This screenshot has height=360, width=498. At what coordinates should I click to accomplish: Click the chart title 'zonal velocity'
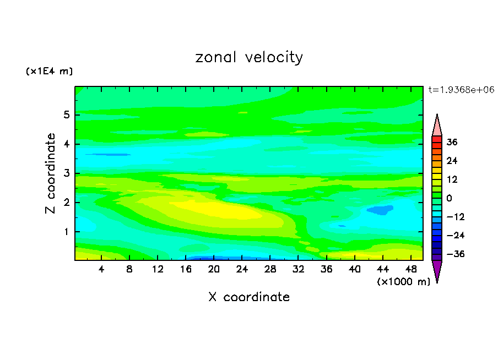pyautogui.click(x=249, y=57)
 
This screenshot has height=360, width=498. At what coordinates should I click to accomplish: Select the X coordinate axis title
pyautogui.click(x=249, y=297)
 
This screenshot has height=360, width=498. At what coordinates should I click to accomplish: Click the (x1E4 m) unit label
pyautogui.click(x=49, y=72)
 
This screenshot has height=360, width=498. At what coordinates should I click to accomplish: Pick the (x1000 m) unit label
pyautogui.click(x=403, y=281)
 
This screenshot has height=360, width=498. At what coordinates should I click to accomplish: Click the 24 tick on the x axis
pyautogui.click(x=242, y=269)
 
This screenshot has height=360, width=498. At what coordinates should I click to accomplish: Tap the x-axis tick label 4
pyautogui.click(x=102, y=269)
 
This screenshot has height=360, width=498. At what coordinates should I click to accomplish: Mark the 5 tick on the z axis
pyautogui.click(x=66, y=115)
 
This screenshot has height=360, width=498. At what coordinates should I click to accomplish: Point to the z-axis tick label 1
pyautogui.click(x=66, y=232)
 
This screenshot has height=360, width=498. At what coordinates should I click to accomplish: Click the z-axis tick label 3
pyautogui.click(x=66, y=173)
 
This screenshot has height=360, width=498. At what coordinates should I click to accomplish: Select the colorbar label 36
pyautogui.click(x=452, y=142)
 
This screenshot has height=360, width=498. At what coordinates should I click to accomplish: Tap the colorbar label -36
pyautogui.click(x=451, y=254)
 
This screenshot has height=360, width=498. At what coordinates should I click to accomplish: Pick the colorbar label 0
pyautogui.click(x=449, y=198)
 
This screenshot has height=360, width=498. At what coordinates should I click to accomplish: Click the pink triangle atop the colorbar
pyautogui.click(x=437, y=126)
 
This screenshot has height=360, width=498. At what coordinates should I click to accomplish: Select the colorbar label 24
pyautogui.click(x=452, y=161)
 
